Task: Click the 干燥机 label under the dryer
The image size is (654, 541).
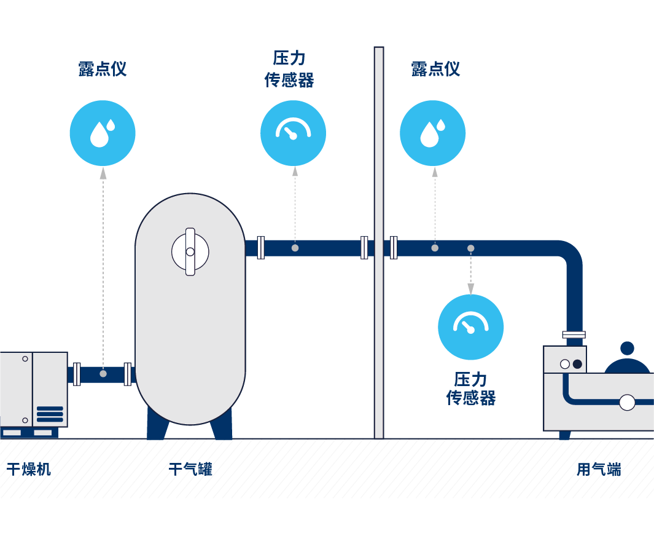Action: (x=29, y=470)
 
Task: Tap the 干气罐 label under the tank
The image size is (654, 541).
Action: (x=190, y=470)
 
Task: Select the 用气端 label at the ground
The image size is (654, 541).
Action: (x=599, y=470)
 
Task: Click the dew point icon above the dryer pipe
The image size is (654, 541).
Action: (x=103, y=133)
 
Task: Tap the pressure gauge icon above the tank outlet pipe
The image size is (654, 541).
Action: (x=293, y=133)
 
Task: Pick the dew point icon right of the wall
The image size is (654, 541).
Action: (x=432, y=133)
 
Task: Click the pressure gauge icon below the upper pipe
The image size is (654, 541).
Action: (x=470, y=327)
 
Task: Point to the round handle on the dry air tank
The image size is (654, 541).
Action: (x=190, y=251)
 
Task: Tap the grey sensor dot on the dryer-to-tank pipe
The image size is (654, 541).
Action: (x=103, y=374)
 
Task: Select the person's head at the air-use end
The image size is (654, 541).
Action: (x=627, y=349)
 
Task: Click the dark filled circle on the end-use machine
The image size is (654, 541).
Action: (x=577, y=364)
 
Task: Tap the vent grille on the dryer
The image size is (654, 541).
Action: (x=50, y=414)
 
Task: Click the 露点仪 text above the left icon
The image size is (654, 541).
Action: (x=103, y=69)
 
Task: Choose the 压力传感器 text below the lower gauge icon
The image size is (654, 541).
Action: (x=471, y=389)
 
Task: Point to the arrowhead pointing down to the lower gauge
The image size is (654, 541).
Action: (x=471, y=288)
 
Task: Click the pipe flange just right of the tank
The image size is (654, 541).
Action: (x=260, y=248)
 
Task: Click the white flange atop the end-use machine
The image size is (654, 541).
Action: (x=574, y=335)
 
